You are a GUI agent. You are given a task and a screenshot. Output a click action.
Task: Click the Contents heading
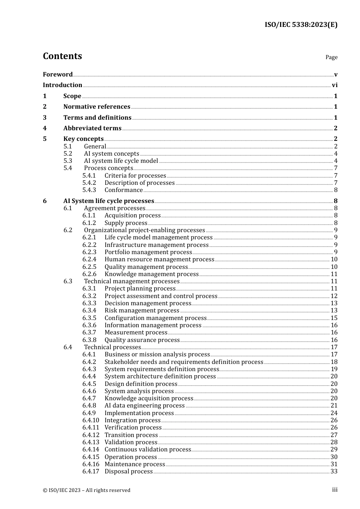[x=62, y=56]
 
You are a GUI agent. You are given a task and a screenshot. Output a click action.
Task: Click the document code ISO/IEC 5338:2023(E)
[x=301, y=25]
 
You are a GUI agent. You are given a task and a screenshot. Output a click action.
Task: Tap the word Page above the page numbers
[x=331, y=57]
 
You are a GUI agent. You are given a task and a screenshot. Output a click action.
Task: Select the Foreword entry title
[x=58, y=75]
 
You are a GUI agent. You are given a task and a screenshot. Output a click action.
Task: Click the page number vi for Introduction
[x=335, y=85]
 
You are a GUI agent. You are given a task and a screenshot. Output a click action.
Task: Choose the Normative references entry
[x=97, y=107]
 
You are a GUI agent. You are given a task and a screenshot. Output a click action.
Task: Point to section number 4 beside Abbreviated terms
[x=45, y=128]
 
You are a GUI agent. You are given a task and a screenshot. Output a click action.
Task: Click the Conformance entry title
[x=124, y=190]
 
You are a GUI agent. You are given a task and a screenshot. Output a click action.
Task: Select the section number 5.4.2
[x=89, y=183]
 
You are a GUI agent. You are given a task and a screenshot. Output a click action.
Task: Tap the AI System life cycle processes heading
[x=108, y=201]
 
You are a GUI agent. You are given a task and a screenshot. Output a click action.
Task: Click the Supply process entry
[x=126, y=223]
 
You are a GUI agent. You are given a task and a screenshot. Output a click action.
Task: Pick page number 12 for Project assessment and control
[x=334, y=296]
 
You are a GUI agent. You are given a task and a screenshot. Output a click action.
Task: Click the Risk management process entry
[x=142, y=311]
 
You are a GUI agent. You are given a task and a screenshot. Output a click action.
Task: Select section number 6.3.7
[x=89, y=333]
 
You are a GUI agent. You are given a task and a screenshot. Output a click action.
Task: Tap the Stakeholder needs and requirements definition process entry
[x=184, y=362]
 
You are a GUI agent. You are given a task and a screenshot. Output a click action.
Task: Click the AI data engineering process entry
[x=144, y=406]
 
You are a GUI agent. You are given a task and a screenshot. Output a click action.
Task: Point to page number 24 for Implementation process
[x=334, y=413]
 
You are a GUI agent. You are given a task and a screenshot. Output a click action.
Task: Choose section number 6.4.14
[x=91, y=450]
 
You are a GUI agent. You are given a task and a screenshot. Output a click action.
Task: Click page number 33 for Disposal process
[x=334, y=472]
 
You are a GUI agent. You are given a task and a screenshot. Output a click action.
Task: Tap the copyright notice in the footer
[x=86, y=490]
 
